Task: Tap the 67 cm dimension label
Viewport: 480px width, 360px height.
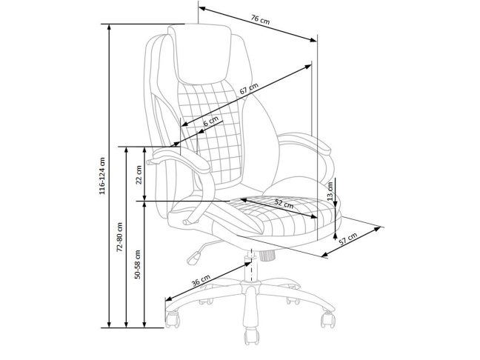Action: pyautogui.click(x=249, y=90)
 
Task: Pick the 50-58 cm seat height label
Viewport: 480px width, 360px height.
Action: pyautogui.click(x=137, y=263)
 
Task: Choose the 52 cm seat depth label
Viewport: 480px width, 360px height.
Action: pyautogui.click(x=284, y=204)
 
